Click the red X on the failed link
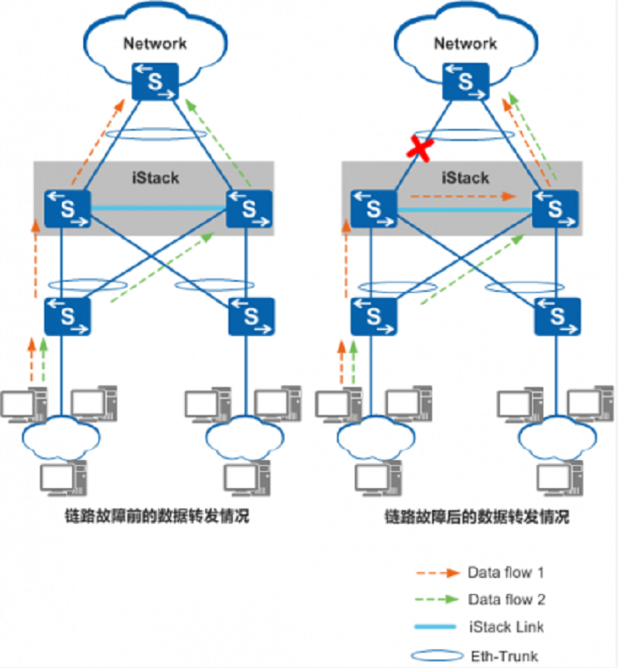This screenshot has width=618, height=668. (417, 149)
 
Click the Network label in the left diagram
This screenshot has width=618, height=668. (155, 43)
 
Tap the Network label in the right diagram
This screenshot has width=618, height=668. (465, 43)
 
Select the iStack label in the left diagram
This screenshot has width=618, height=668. (156, 178)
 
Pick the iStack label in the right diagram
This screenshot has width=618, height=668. (465, 178)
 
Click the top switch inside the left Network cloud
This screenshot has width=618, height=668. (155, 81)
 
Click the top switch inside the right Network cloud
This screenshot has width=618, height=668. (465, 81)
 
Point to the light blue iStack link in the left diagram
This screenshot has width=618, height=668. (157, 207)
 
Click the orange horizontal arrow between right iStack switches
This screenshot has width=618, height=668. (458, 195)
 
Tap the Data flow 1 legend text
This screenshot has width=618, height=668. (506, 572)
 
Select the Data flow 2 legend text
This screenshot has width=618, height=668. (506, 600)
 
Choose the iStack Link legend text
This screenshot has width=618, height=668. (505, 627)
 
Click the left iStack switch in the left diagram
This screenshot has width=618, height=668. (67, 209)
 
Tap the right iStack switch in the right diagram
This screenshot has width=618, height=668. (557, 209)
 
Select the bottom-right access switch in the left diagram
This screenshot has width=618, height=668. (251, 317)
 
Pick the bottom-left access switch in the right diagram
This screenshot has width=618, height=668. (374, 317)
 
